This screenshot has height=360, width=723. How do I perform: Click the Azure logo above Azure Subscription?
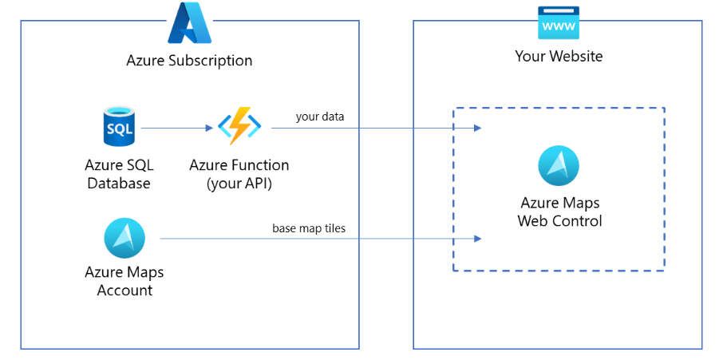pos(189,23)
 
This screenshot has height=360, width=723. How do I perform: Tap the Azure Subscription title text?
pos(189,61)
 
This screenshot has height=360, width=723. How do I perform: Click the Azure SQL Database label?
pos(119,174)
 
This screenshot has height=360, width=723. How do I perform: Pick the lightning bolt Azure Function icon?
pos(239,127)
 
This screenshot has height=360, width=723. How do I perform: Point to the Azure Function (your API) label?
pos(239,174)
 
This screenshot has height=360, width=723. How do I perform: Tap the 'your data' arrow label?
pos(320,117)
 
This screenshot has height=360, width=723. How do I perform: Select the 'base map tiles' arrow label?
pos(309,228)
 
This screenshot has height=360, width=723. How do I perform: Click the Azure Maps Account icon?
pos(124,238)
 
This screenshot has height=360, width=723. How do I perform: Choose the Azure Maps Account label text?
pos(124,281)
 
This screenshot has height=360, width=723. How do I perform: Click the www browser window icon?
pos(559,25)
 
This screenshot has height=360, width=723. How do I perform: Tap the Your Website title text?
pos(559,57)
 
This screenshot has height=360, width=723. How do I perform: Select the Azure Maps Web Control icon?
pos(559,166)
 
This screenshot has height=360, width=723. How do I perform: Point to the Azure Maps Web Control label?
pos(559,212)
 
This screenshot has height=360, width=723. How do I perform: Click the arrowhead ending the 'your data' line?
pos(478,128)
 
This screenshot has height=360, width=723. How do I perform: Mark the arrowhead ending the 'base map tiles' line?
pos(478,239)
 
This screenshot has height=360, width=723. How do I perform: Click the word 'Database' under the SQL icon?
pos(119,183)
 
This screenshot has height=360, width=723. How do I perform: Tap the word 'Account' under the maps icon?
pos(124,291)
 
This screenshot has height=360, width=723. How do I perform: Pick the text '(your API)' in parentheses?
pos(239,183)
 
